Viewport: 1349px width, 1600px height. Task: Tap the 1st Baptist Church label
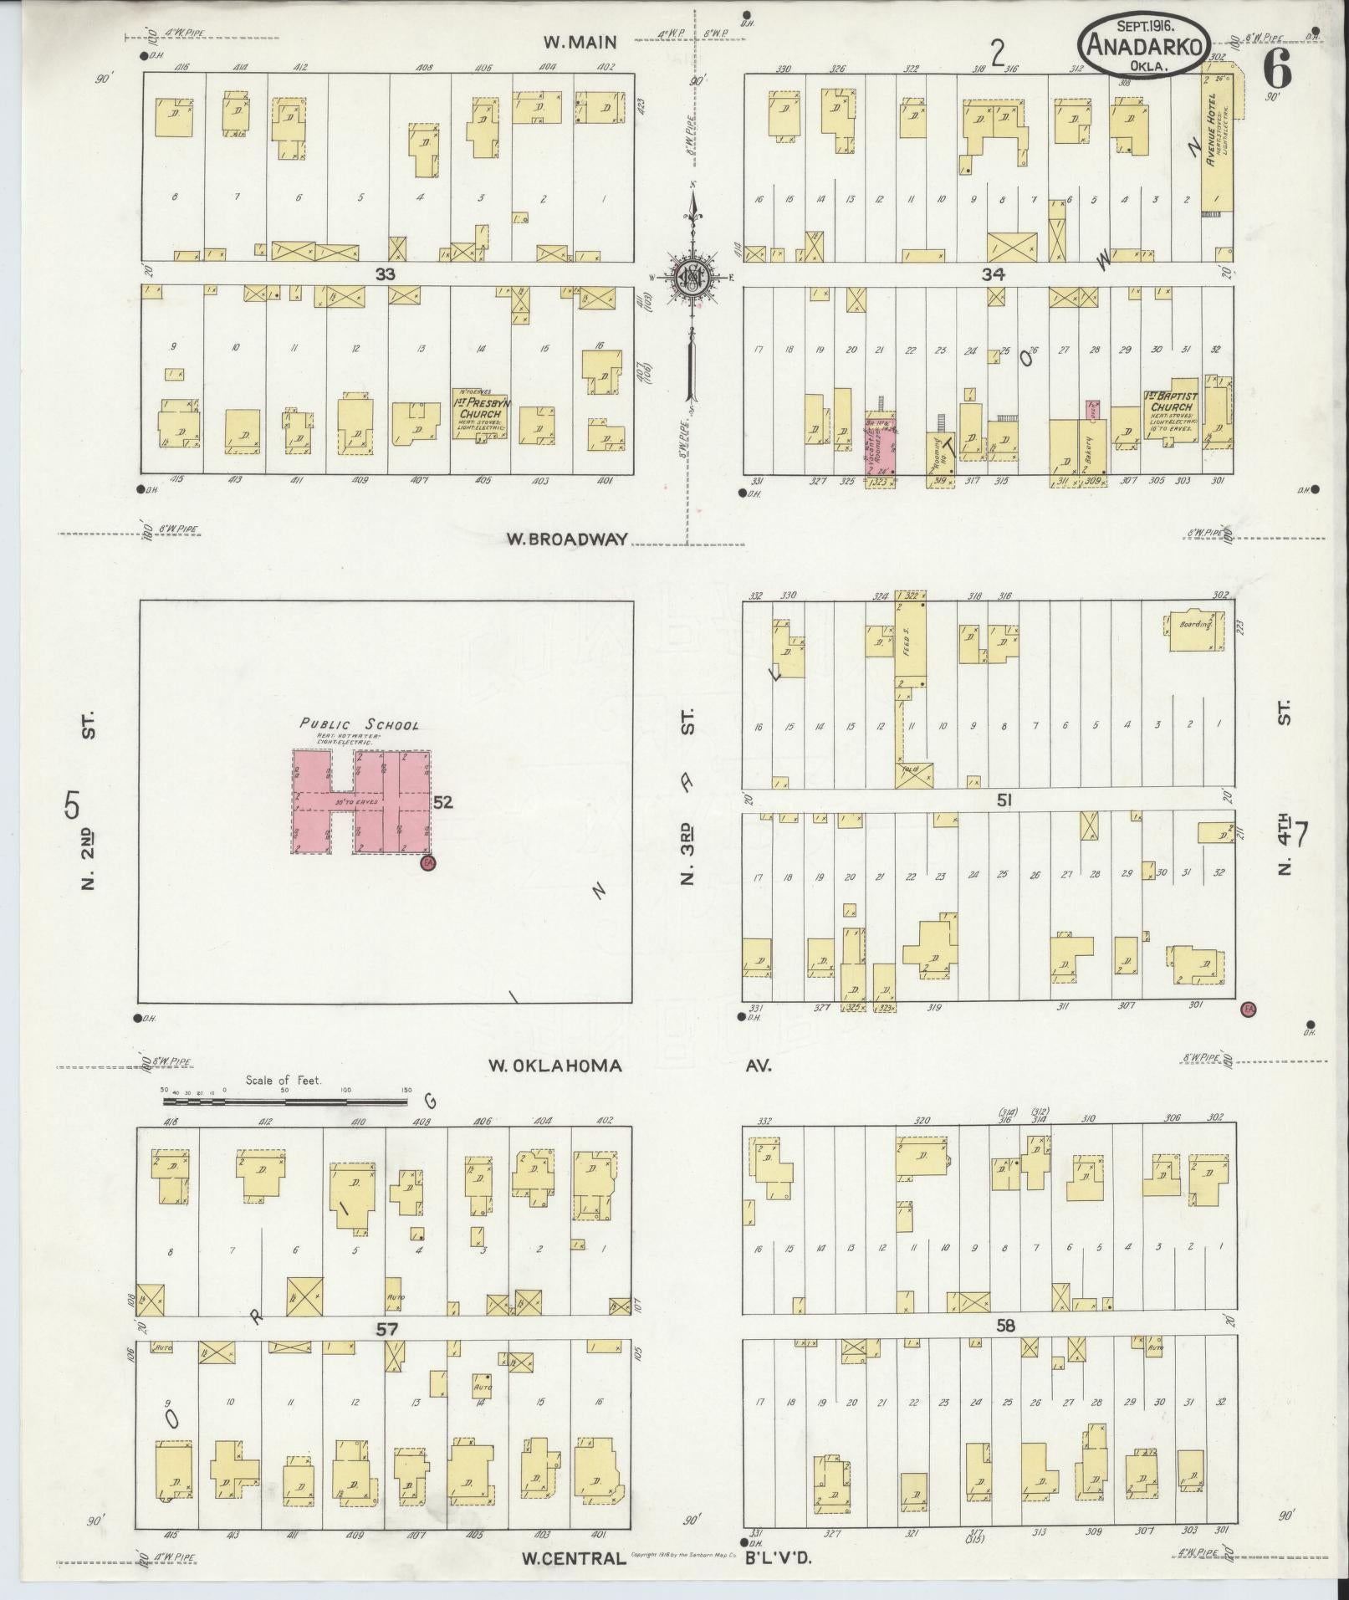(1173, 402)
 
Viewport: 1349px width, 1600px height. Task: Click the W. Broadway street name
(566, 539)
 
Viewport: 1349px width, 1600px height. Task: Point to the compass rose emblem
(693, 277)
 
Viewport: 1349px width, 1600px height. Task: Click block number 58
(1005, 1327)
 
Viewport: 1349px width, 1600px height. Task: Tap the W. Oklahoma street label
(554, 1066)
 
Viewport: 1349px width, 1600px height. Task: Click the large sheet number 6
(1278, 70)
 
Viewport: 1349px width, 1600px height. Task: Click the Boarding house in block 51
(1194, 635)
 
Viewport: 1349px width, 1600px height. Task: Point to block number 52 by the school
(443, 802)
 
